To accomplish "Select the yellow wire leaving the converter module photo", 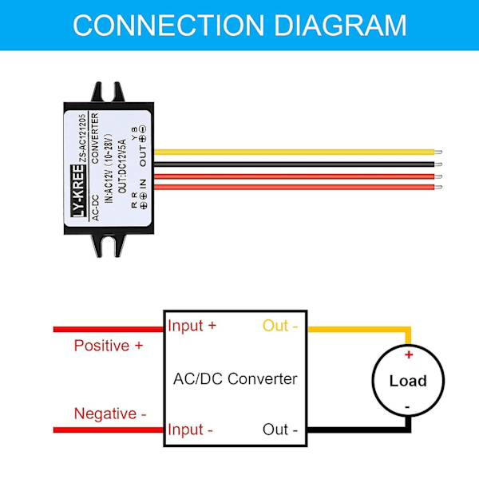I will pos(295,152).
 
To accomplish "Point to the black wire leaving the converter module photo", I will pos(295,164).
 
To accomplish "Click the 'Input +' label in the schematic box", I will pos(192,326).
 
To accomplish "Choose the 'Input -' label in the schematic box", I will pos(191,430).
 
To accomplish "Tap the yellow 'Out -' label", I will pos(280,326).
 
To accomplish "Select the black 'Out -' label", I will pos(280,430).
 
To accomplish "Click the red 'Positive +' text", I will pos(109,346).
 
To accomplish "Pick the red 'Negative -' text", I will pos(110,414).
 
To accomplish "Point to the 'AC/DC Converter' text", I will pos(235,378).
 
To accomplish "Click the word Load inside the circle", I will pos(408,381).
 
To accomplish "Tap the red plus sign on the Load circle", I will pos(409,355).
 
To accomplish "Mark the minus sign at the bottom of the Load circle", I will pos(408,406).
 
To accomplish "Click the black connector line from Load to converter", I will pos(359,430).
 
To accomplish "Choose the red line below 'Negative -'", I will pos(108,430).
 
